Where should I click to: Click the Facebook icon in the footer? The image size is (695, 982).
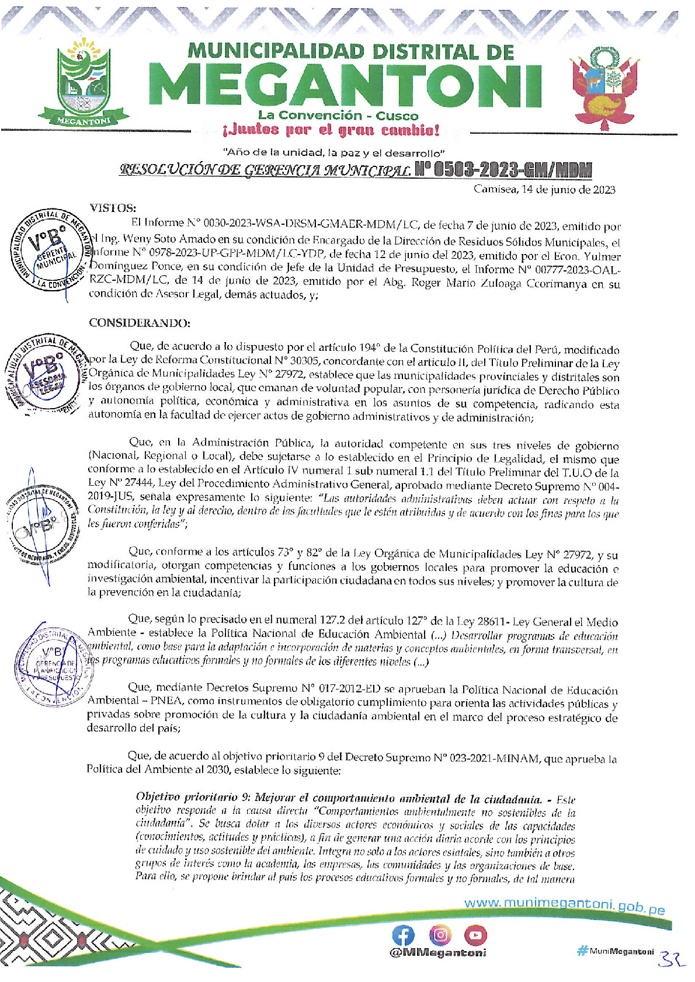[x=403, y=935]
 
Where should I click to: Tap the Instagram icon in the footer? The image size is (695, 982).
[x=440, y=935]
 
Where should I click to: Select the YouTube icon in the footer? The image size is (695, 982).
[x=475, y=935]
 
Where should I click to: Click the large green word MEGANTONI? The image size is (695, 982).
[x=348, y=86]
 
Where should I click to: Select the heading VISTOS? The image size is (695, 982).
[x=113, y=208]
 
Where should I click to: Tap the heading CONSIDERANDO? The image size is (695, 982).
[x=140, y=323]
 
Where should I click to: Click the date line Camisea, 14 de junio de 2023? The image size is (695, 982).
[x=544, y=189]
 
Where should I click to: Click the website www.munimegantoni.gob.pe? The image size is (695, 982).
[x=564, y=904]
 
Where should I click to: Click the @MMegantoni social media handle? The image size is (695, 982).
[x=438, y=953]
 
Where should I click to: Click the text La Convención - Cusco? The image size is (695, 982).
[x=338, y=115]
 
